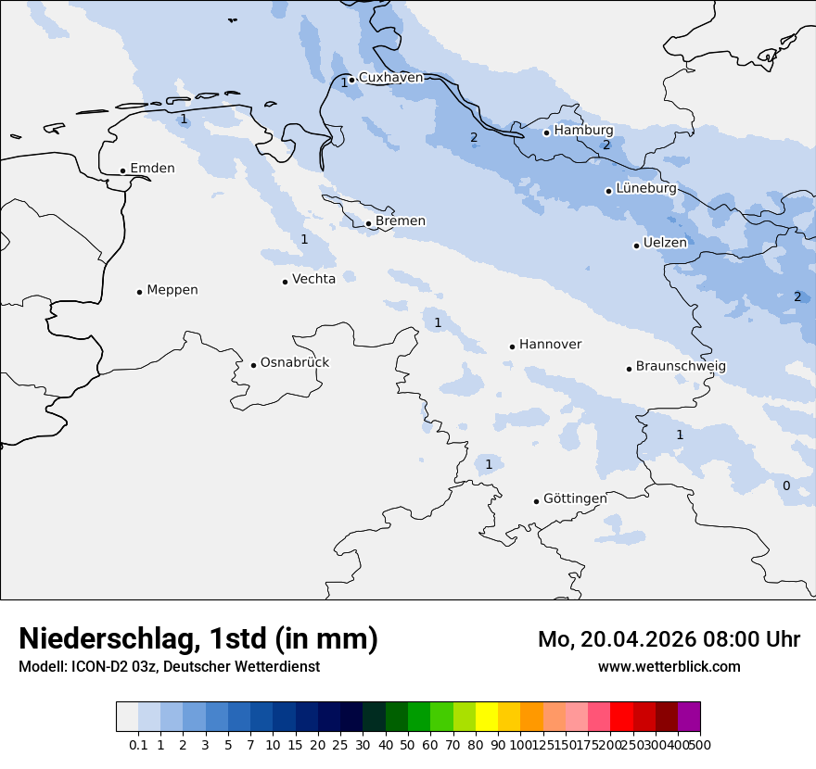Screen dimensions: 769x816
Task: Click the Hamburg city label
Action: point(583,131)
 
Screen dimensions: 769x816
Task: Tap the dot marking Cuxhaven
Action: point(351,80)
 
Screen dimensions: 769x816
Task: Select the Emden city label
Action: point(152,169)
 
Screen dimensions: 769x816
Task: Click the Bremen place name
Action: point(401,221)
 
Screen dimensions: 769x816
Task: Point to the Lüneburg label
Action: point(645,189)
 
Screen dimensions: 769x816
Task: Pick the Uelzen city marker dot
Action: point(636,246)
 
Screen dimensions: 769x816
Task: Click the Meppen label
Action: point(172,290)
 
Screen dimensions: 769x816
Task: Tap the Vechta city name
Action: point(313,279)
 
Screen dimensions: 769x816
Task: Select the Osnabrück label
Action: point(295,363)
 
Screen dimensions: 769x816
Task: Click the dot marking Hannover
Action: point(512,347)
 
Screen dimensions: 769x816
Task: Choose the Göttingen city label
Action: point(575,498)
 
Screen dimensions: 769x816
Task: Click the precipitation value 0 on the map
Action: point(786,486)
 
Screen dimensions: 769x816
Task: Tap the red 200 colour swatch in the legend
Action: point(621,717)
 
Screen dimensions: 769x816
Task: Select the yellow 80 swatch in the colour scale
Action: point(487,717)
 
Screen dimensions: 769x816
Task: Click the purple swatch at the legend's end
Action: point(689,717)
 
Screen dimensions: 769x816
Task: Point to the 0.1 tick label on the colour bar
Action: point(138,744)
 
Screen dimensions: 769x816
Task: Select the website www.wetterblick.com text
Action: point(669,667)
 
